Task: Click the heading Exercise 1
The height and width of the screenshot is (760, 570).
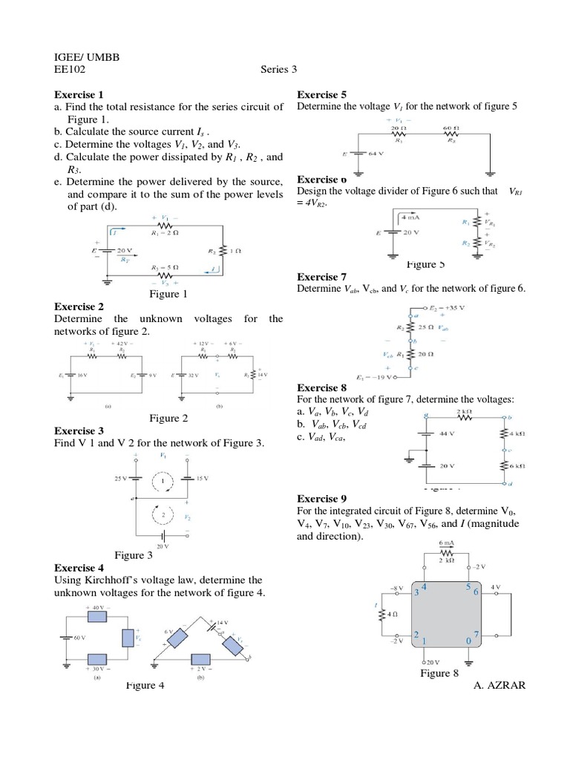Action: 79,95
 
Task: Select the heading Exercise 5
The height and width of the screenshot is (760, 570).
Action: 321,95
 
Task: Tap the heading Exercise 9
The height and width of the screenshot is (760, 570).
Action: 321,499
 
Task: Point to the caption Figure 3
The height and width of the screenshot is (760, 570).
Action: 134,555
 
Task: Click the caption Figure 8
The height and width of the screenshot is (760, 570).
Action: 439,673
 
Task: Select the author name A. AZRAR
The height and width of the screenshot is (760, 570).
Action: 499,685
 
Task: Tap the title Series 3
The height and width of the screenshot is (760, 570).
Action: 278,70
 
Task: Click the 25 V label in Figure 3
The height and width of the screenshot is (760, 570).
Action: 121,479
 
